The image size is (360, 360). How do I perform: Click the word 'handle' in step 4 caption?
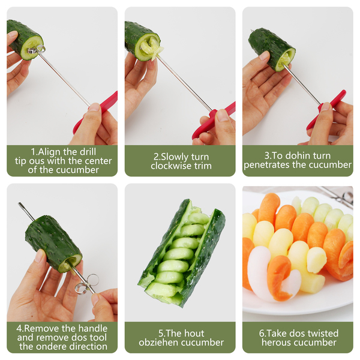(x=92, y=329)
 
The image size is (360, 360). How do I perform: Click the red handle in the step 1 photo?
(x=95, y=113)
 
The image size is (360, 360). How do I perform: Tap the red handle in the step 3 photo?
(x=326, y=110)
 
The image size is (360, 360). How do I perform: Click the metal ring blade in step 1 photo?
(x=36, y=50)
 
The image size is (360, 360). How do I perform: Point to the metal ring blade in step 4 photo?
(x=86, y=284)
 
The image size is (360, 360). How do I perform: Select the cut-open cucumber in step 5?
(x=182, y=253)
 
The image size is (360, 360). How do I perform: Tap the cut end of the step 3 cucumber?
(x=286, y=60)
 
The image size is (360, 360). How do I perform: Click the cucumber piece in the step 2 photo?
(x=143, y=41)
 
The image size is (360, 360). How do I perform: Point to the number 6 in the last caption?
(x=262, y=334)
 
